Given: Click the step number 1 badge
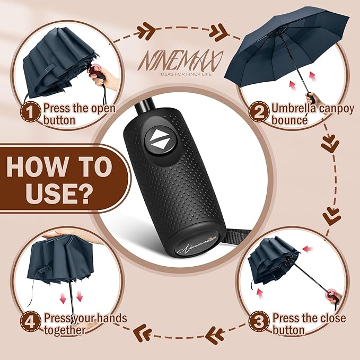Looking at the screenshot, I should click(x=31, y=112).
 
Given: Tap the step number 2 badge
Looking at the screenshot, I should click(x=259, y=112).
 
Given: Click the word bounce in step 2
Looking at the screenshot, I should click(x=289, y=120).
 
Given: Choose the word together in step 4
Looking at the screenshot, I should click(x=65, y=330).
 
